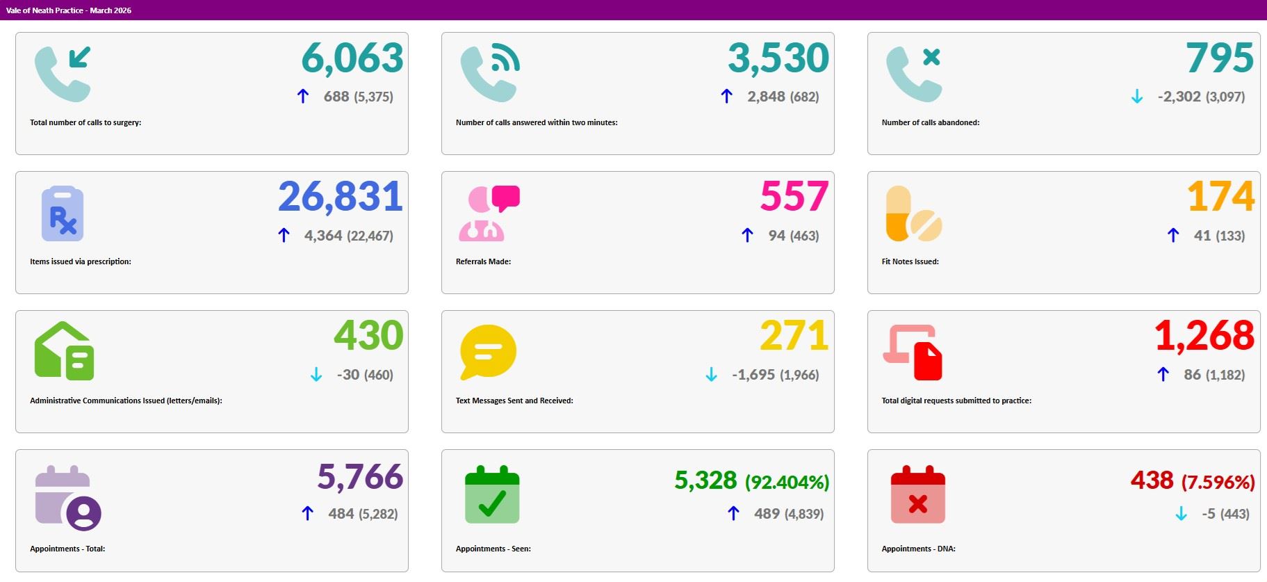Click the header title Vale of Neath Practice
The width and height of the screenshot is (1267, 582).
click(x=44, y=10)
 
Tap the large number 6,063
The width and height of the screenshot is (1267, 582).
click(x=352, y=58)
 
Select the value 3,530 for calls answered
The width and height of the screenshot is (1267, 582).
click(x=778, y=58)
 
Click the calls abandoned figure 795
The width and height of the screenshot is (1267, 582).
click(x=1220, y=58)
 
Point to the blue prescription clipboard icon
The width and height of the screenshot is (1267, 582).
click(x=63, y=213)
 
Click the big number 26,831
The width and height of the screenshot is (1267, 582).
click(x=341, y=197)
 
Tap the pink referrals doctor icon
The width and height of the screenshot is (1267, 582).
click(x=489, y=213)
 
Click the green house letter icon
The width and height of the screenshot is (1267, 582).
click(x=64, y=351)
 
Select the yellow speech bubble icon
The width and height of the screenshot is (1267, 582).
click(x=488, y=352)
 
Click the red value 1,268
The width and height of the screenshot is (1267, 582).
click(x=1204, y=336)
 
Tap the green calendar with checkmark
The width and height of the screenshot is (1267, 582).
click(x=492, y=494)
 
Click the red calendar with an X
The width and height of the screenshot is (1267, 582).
click(x=917, y=494)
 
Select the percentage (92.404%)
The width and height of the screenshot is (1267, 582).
click(x=787, y=482)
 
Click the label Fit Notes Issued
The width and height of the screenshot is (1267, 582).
click(x=910, y=261)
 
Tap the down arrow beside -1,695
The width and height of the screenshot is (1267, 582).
click(x=711, y=375)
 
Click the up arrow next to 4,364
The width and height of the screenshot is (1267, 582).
click(x=284, y=235)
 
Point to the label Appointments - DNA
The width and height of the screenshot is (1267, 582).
click(x=918, y=549)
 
